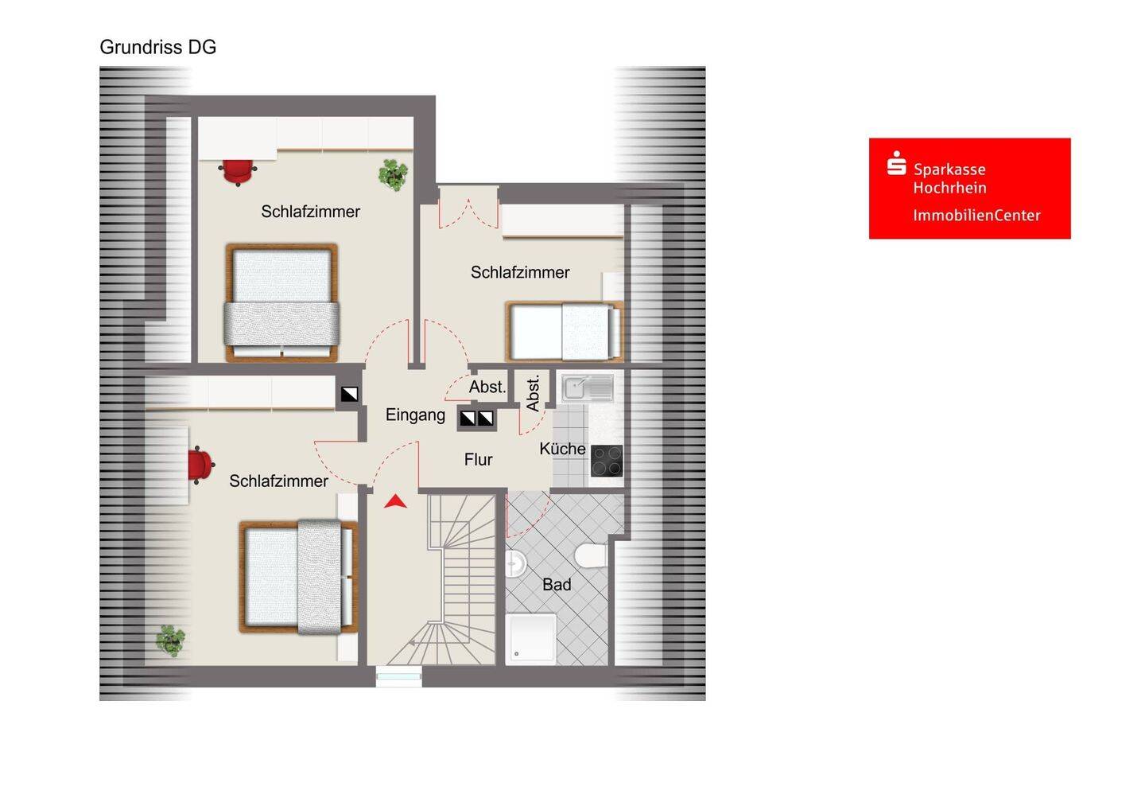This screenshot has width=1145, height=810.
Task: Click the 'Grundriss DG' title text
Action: coord(158,47)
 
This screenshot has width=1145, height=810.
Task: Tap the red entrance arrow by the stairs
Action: coord(395,501)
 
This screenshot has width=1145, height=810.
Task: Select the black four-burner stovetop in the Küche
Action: coord(607,461)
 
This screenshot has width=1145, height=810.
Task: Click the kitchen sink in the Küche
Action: coord(588,388)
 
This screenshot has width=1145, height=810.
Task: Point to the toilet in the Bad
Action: coord(591,556)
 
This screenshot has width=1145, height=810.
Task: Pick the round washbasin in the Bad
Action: coord(516,564)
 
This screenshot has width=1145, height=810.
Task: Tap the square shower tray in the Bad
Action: coord(530,639)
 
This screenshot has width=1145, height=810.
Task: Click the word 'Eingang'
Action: coord(415,415)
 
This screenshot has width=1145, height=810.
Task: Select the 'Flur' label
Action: coord(478,460)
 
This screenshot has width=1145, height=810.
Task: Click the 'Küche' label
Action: coord(562,449)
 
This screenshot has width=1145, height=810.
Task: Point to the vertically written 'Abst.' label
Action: coord(533,394)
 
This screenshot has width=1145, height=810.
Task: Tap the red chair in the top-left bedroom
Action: coord(238,171)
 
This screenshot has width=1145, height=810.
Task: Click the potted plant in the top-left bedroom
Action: coord(393,175)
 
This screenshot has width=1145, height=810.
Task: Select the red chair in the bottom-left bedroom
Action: coord(200,465)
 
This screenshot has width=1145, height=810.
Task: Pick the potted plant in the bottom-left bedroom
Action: coord(170,641)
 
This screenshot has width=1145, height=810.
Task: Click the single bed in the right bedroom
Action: coord(565,331)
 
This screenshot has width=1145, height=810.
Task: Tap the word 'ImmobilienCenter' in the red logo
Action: coord(976,216)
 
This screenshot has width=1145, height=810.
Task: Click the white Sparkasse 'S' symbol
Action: coord(896,162)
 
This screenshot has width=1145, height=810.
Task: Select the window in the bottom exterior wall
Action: coord(398,676)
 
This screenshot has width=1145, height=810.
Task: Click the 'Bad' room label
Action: coord(556,585)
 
